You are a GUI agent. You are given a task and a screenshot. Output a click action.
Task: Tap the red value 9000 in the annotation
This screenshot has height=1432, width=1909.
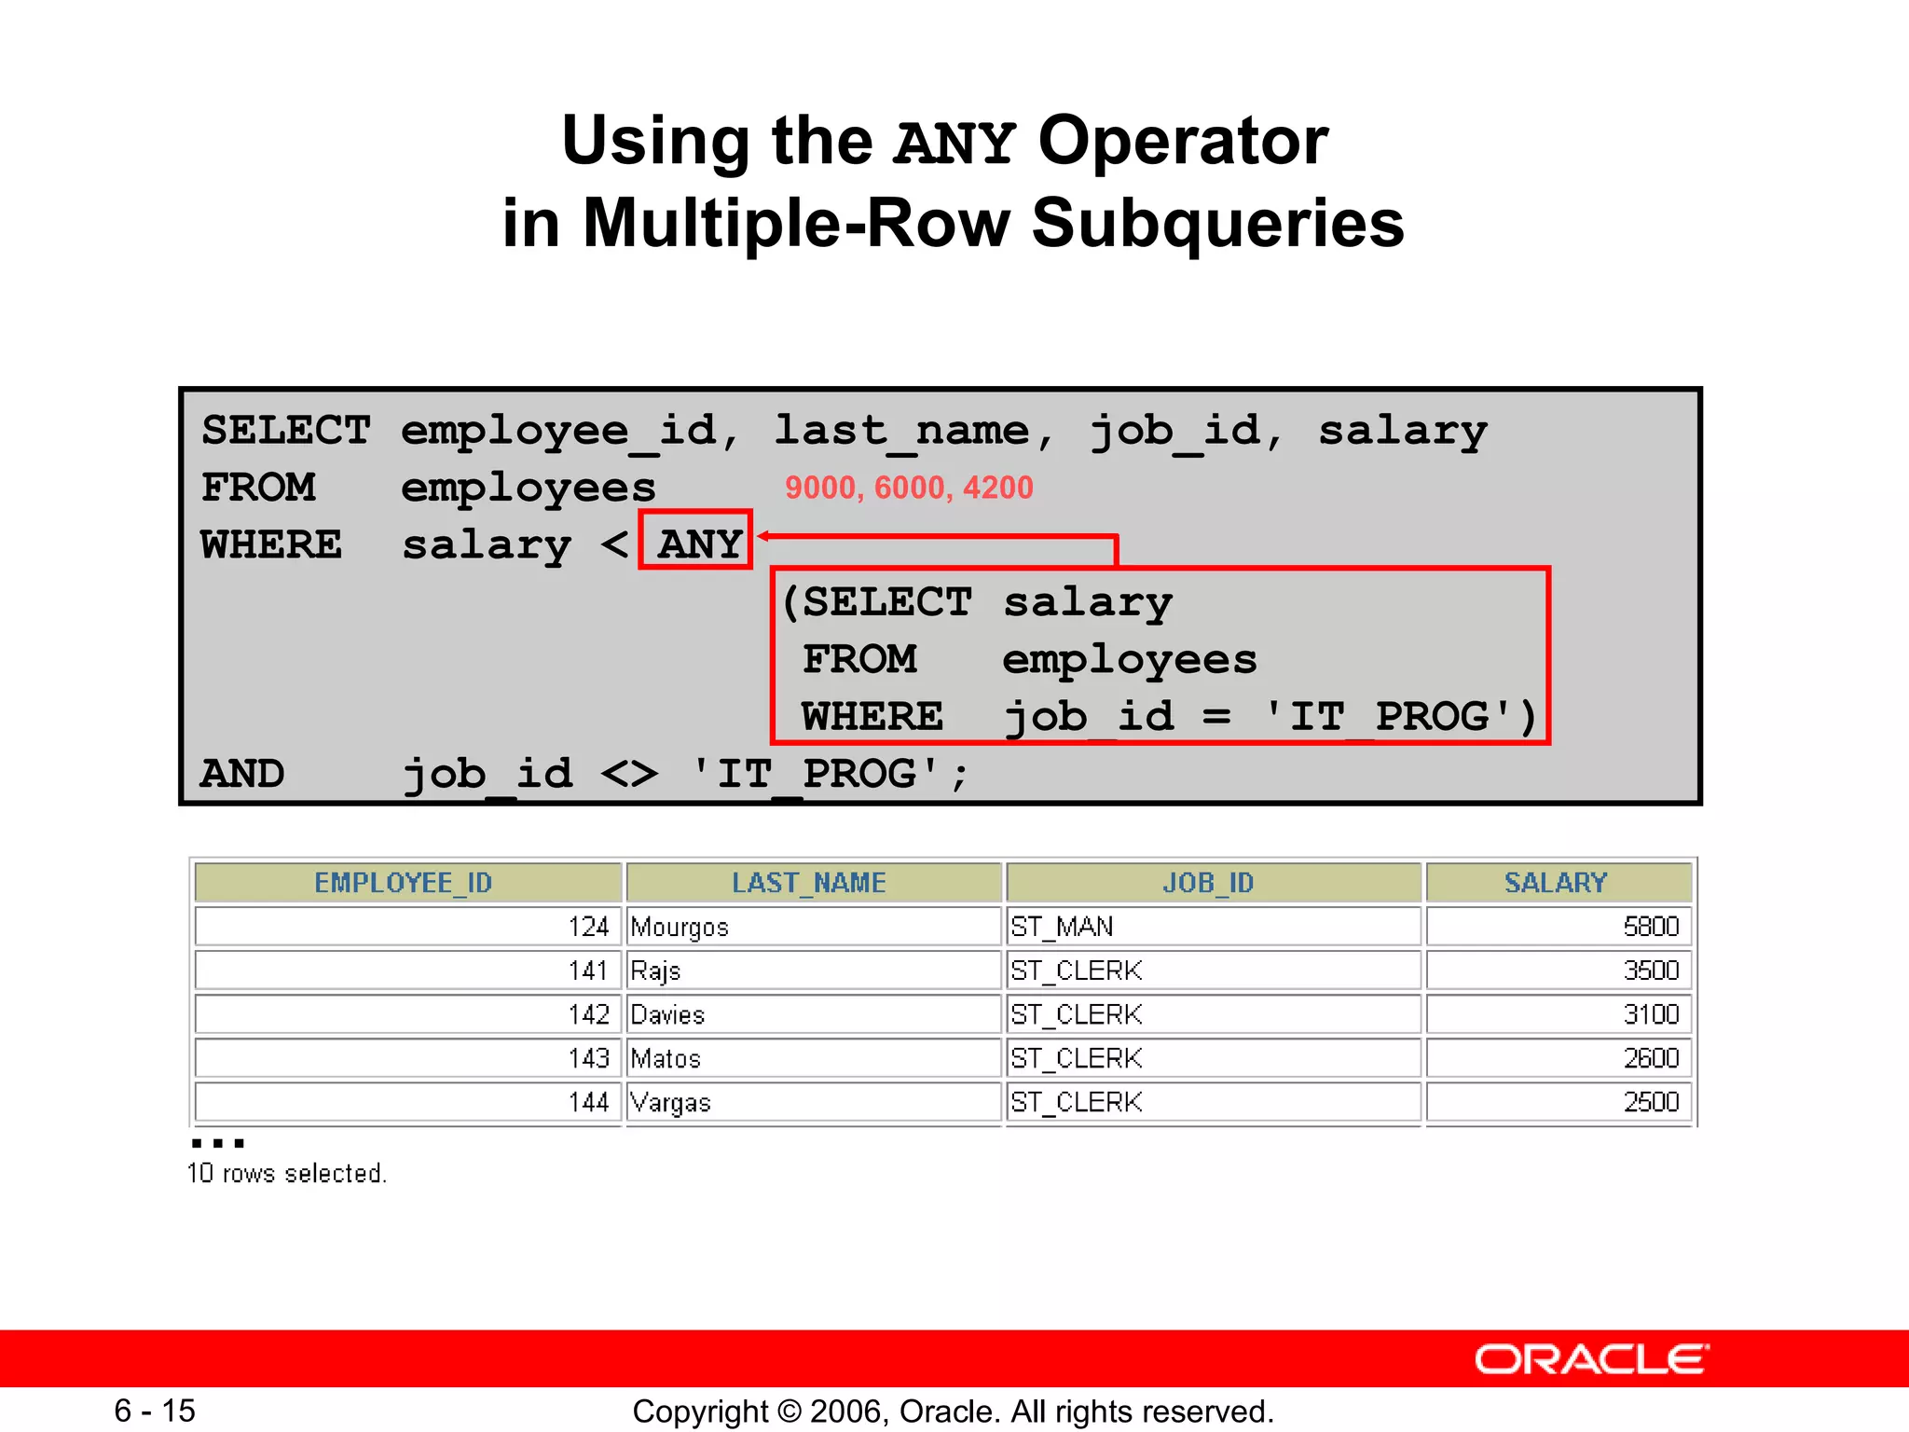[819, 488]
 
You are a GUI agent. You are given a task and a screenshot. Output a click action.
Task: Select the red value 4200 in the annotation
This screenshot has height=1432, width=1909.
[997, 488]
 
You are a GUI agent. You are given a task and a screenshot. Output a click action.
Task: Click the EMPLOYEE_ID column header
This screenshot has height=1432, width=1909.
[404, 882]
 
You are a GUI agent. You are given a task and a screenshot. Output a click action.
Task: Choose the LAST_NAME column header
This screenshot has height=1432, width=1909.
[809, 882]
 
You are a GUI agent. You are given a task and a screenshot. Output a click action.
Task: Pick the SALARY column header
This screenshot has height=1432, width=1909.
[1556, 882]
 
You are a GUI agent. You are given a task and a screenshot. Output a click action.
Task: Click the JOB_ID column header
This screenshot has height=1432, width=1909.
[1208, 882]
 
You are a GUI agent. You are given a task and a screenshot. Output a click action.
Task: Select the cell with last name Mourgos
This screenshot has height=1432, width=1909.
[680, 927]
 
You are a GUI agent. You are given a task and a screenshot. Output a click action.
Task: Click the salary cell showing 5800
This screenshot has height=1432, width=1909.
[1650, 927]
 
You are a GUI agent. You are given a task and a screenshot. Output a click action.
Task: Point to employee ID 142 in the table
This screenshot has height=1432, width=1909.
[589, 1014]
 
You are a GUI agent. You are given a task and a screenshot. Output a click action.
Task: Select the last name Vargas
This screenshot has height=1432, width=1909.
[670, 1102]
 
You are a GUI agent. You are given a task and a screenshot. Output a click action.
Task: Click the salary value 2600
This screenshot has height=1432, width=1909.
[1650, 1058]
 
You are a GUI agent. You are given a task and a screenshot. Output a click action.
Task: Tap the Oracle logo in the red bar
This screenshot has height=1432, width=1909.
[1591, 1359]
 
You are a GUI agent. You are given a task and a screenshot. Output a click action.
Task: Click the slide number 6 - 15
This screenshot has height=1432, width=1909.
[155, 1411]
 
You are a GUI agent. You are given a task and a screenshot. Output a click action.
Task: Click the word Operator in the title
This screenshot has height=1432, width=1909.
[1183, 142]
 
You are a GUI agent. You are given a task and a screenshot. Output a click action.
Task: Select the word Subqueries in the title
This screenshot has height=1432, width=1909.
[1217, 224]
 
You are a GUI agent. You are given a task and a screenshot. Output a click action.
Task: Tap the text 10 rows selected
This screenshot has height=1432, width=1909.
[287, 1173]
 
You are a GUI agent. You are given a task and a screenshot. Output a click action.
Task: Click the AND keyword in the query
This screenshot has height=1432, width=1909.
[242, 774]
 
